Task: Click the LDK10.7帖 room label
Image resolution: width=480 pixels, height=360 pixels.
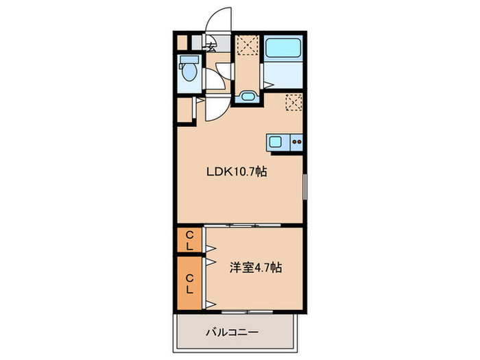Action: coord(237,173)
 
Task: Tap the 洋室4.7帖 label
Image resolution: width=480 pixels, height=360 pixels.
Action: coord(255,268)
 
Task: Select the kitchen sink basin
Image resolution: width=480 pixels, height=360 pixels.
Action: coord(275,143)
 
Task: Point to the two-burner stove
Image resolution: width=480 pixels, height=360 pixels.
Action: coord(297,143)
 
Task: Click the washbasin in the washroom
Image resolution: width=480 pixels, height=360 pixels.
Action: coord(248,96)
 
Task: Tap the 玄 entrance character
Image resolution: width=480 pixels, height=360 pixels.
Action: coord(213,47)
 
